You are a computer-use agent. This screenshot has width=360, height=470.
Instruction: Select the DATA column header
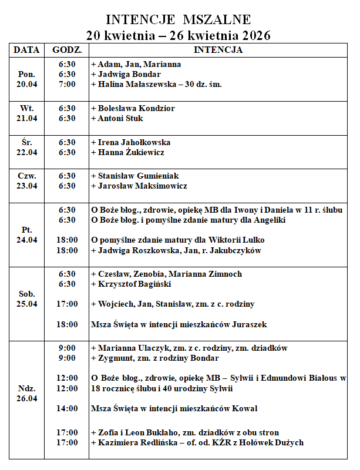tap(26, 50)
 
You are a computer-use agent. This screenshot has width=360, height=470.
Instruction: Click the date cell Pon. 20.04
tap(26, 79)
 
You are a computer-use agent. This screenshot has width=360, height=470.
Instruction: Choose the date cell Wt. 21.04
tap(26, 113)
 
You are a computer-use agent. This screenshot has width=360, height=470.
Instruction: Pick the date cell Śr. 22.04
tap(26, 147)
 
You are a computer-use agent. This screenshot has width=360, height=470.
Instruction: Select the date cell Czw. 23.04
tap(26, 181)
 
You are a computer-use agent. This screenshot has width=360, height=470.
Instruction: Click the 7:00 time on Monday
tap(67, 84)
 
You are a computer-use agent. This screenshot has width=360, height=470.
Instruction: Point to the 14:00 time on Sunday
tap(67, 408)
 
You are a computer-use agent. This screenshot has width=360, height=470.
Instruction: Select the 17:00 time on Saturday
tap(67, 304)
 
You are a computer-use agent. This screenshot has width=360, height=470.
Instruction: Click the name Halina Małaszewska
tap(137, 84)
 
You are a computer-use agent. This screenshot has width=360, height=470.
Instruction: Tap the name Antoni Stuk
tap(121, 118)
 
